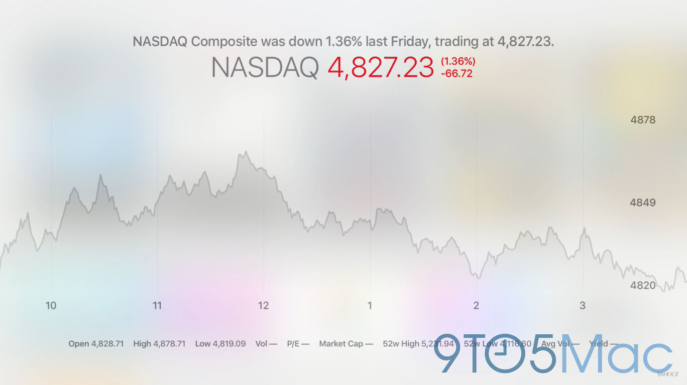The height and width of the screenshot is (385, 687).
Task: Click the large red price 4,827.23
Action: pos(381,68)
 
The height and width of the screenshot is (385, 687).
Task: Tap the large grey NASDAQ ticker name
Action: pos(265,68)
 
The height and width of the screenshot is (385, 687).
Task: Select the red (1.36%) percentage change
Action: pos(458,62)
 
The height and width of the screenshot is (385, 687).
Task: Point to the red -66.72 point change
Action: pos(457,74)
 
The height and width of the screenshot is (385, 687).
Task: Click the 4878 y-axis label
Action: pos(643,120)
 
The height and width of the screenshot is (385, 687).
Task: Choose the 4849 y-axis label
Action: pos(643,202)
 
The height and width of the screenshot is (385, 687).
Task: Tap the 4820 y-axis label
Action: pos(643,286)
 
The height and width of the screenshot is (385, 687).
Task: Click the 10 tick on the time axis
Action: pos(51,305)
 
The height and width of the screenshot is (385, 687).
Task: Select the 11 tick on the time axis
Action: pos(157,305)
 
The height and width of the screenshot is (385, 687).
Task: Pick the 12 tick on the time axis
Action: pos(263,305)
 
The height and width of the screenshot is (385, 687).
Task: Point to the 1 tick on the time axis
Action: pos(370,305)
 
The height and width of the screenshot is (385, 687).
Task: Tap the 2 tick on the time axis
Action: pos(476,305)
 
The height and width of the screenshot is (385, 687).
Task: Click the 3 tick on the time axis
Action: pos(582,305)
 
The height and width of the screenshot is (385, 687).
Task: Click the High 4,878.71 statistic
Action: pos(159,344)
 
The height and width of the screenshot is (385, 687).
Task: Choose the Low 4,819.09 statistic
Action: pos(220,344)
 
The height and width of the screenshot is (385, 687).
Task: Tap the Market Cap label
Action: pos(345,344)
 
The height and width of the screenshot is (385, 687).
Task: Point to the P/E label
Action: pos(298,344)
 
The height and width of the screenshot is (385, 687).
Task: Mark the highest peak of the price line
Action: pos(246,152)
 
